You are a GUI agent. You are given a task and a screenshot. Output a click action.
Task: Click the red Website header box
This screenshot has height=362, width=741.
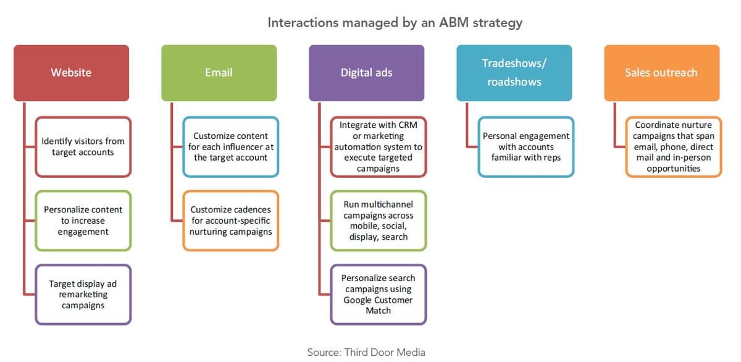(x=72, y=73)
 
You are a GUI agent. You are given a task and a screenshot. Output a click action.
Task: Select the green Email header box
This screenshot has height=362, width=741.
(x=219, y=73)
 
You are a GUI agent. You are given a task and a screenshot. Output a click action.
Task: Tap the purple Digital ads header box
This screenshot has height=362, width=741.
(x=367, y=73)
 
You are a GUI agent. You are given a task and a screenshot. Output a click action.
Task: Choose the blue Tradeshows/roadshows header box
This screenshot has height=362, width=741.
(x=514, y=73)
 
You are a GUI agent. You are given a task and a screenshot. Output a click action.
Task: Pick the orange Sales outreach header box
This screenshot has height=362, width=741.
(x=661, y=73)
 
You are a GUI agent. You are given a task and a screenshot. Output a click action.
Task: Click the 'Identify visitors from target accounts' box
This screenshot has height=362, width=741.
(x=83, y=146)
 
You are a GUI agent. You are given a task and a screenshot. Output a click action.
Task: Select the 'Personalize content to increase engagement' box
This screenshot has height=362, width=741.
(x=83, y=221)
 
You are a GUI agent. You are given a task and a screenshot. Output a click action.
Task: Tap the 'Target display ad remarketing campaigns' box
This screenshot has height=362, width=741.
(x=83, y=295)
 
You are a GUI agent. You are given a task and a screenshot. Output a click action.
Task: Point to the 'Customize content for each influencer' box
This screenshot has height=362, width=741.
(x=230, y=146)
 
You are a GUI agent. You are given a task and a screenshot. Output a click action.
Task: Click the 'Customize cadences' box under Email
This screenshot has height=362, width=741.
(x=230, y=221)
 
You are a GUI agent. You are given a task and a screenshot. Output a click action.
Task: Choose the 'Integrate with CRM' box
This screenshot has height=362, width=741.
(x=379, y=146)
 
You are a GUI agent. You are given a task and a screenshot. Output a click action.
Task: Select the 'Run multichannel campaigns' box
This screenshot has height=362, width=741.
(x=379, y=221)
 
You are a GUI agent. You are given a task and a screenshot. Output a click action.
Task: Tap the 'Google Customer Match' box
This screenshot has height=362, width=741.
(x=379, y=295)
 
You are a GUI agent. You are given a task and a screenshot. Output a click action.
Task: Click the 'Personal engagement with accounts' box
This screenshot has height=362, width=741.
(x=526, y=146)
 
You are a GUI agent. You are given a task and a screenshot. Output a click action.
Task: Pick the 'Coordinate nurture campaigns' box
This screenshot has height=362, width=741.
(x=674, y=146)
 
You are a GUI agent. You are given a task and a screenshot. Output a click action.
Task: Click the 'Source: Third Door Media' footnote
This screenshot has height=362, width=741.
(x=366, y=352)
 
